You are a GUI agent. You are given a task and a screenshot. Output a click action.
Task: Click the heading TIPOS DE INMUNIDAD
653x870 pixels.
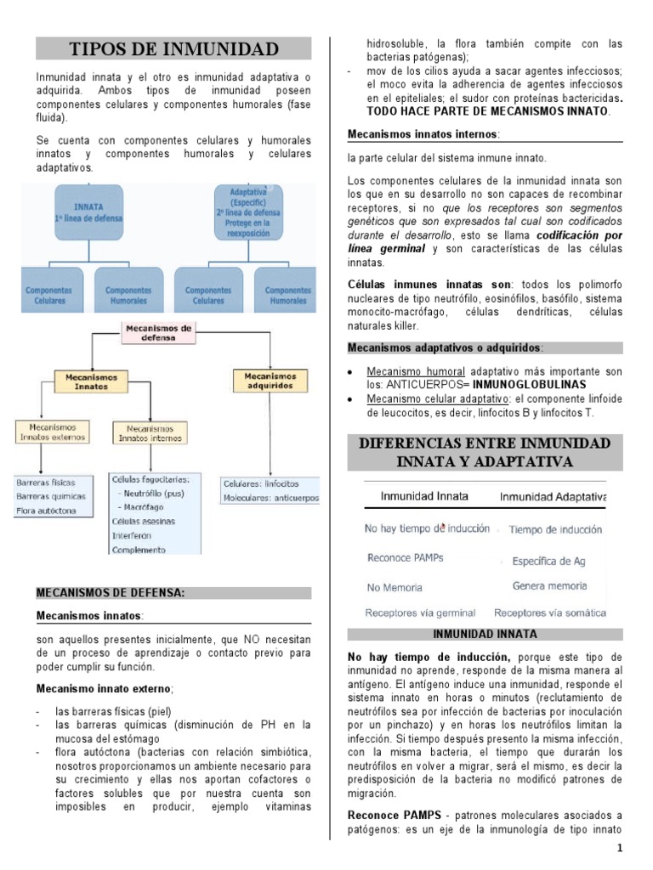173,48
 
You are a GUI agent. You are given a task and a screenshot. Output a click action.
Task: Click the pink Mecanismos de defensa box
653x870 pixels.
159,331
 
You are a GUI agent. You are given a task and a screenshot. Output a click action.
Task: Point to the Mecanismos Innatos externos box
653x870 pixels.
52,432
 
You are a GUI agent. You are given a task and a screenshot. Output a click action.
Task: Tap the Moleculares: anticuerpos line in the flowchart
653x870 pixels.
270,497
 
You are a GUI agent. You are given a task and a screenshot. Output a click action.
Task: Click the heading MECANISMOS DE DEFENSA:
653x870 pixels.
111,592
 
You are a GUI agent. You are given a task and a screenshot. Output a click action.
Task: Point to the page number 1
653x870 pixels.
620,849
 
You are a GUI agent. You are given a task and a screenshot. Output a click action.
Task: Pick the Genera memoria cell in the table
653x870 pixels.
549,586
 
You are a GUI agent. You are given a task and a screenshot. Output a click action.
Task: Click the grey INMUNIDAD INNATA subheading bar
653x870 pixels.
485,634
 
